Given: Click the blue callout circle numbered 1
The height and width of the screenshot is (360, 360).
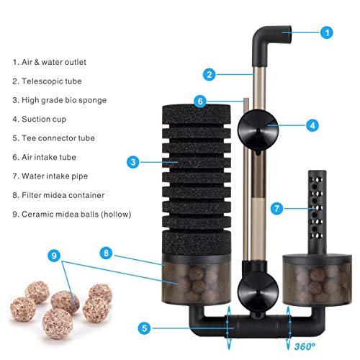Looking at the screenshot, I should tap(327, 32).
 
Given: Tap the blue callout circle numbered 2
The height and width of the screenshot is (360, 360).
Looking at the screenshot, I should tap(210, 73).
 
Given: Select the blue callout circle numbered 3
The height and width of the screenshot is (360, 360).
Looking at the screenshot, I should tap(133, 163).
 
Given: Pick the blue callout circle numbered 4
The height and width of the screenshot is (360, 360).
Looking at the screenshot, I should tap(311, 125).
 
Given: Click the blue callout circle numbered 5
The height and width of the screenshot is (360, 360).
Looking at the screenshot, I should tap(145, 328).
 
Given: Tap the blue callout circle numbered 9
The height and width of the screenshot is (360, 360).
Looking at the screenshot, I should tap(55, 255).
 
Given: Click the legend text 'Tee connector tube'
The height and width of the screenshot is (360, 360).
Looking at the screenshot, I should tap(53, 138).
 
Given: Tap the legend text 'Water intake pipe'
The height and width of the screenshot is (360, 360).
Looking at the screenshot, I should tap(50, 175).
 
